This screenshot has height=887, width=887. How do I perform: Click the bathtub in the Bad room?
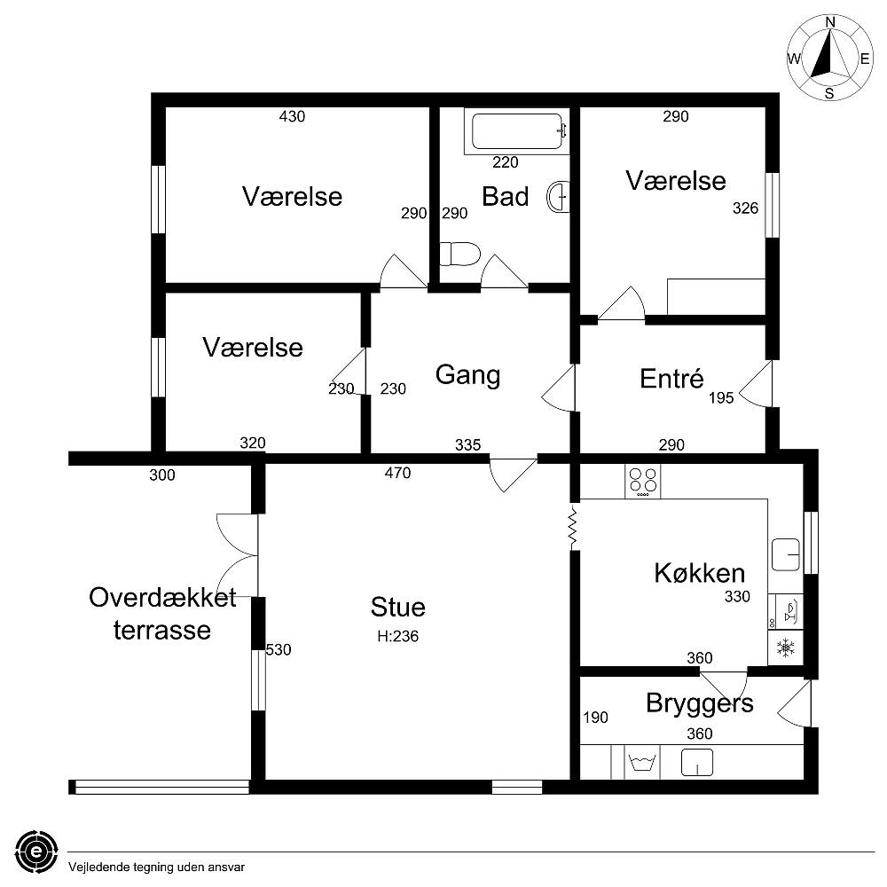click(x=516, y=131)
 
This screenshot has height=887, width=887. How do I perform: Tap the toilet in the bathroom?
click(x=459, y=254)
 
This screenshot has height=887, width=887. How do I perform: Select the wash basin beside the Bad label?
click(x=558, y=197)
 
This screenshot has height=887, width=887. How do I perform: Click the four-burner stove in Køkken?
click(x=642, y=482)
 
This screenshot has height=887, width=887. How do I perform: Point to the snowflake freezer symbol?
click(x=786, y=648)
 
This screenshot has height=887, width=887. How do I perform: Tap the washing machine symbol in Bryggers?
click(x=641, y=761)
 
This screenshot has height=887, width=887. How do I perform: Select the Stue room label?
click(x=397, y=607)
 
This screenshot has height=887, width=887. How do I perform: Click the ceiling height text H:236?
click(x=397, y=636)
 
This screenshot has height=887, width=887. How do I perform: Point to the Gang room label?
click(x=467, y=375)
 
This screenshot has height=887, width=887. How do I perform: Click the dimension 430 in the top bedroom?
click(x=292, y=116)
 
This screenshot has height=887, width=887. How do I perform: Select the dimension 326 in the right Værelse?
click(x=745, y=208)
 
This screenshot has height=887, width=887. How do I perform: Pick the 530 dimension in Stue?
click(x=279, y=649)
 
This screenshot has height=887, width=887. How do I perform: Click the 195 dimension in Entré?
click(x=721, y=397)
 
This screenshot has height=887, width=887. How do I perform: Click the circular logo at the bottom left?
click(x=36, y=852)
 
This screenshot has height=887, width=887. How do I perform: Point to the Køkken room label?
click(x=700, y=573)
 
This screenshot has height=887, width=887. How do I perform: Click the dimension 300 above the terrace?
click(x=162, y=475)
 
